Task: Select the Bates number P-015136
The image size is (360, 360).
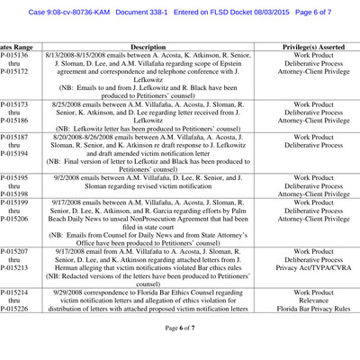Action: [11, 55]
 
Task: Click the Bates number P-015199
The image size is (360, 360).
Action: [11, 204]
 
